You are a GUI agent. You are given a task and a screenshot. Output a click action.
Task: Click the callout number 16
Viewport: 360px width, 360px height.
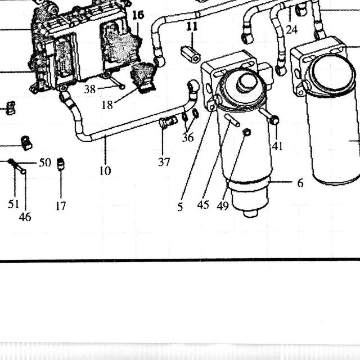138,15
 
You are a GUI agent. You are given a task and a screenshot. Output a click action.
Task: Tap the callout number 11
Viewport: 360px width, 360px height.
192,26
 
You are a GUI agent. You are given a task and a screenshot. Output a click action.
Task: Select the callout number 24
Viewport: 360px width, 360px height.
292,30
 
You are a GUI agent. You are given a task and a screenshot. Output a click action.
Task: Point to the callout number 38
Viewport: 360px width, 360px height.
90,89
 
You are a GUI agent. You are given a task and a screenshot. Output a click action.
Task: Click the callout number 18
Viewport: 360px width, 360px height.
107,105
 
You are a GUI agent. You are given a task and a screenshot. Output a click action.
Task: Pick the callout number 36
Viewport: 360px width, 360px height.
188,137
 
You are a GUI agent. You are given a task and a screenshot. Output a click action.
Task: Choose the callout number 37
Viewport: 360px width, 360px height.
164,162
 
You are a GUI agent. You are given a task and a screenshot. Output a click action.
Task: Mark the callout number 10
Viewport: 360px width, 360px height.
105,170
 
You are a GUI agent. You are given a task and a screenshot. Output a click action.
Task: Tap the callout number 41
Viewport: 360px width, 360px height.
277,146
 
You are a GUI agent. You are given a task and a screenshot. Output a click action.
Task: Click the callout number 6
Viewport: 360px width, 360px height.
300,183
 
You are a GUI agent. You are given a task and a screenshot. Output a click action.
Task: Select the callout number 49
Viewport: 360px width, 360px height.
223,206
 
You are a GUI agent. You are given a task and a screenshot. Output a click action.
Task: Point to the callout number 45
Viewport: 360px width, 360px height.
203,205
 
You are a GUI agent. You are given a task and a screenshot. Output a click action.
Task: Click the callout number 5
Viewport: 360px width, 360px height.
180,207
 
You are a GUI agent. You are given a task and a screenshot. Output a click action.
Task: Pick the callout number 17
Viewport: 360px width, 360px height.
61,206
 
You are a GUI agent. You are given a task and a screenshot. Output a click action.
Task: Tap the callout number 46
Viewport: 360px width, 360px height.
25,217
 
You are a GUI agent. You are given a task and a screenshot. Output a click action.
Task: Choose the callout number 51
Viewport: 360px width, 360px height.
13,204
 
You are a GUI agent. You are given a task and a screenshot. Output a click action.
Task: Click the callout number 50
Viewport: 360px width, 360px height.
45,163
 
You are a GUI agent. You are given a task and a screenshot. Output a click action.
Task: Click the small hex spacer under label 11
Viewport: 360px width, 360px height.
191,54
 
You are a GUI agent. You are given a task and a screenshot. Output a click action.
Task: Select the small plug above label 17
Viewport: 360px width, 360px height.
61,164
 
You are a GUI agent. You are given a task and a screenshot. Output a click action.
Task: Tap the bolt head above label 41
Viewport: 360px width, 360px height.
274,120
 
